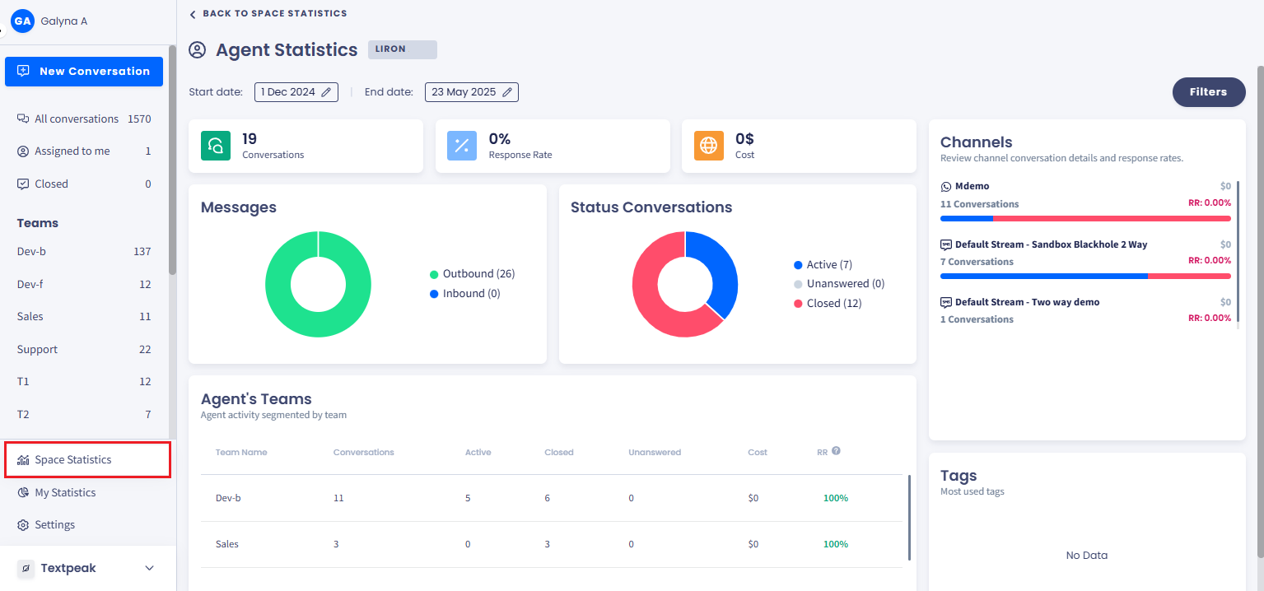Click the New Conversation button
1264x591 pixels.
[84, 72]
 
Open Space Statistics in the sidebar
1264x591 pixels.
[72, 459]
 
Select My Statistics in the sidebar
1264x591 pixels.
[64, 492]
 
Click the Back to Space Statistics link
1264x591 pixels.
[268, 14]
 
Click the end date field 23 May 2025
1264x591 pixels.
[471, 92]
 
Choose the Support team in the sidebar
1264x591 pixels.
[38, 349]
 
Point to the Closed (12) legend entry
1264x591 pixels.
[833, 304]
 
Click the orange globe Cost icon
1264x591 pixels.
[708, 146]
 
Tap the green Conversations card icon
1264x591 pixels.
[216, 146]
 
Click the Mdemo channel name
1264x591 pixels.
[972, 187]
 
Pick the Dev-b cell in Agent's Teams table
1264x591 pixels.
[228, 498]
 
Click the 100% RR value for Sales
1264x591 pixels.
[835, 544]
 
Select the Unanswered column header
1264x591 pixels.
[654, 453]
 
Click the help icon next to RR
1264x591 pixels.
[836, 451]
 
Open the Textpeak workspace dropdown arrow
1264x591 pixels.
[149, 568]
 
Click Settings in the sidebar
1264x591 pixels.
[54, 525]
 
